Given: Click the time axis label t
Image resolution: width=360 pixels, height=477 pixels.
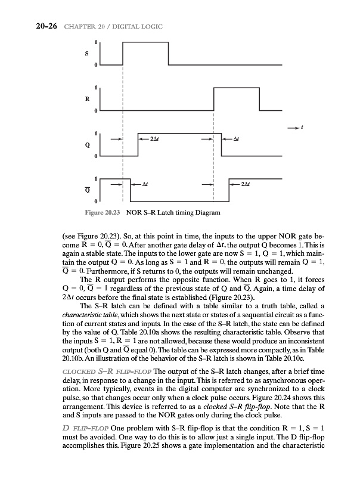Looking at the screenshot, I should [x=303, y=127].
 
